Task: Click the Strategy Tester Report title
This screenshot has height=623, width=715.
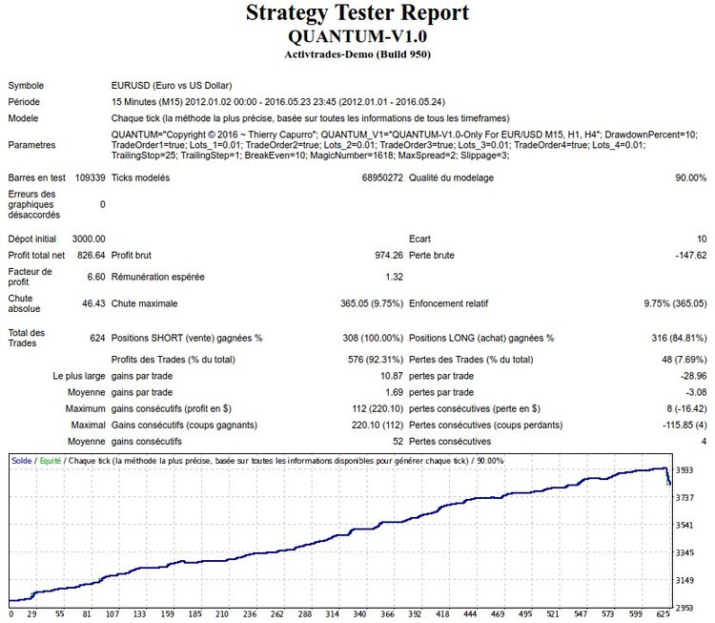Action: pyautogui.click(x=357, y=13)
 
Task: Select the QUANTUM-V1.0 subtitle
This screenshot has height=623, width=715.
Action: pyautogui.click(x=357, y=36)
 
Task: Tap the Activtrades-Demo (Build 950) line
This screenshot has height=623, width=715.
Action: pyautogui.click(x=357, y=54)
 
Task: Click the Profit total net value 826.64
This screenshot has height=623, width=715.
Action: pyautogui.click(x=88, y=256)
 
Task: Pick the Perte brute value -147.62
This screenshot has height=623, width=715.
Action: pyautogui.click(x=686, y=256)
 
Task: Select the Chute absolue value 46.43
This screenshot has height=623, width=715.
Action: pyautogui.click(x=92, y=304)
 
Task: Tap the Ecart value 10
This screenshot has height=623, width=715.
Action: pyautogui.click(x=701, y=239)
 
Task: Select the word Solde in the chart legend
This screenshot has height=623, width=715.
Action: pyautogui.click(x=21, y=461)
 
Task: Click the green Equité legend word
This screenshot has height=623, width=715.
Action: pyautogui.click(x=51, y=461)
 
